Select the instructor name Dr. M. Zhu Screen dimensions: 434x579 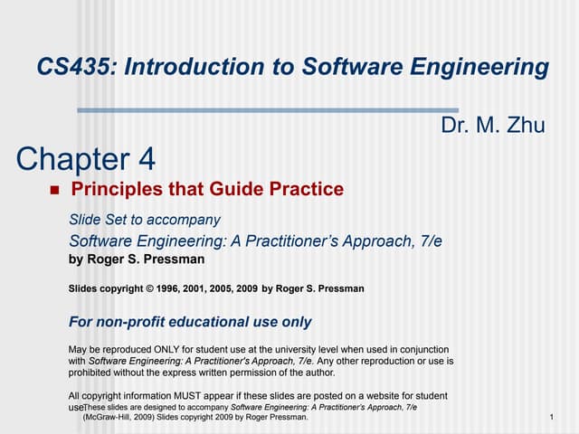493,125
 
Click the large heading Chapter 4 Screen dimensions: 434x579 86,159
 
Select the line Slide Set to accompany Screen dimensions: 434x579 145,220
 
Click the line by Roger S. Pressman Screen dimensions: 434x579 137,259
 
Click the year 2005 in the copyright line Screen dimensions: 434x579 223,289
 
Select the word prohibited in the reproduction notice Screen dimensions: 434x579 95,373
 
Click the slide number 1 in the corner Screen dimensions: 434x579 551,418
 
